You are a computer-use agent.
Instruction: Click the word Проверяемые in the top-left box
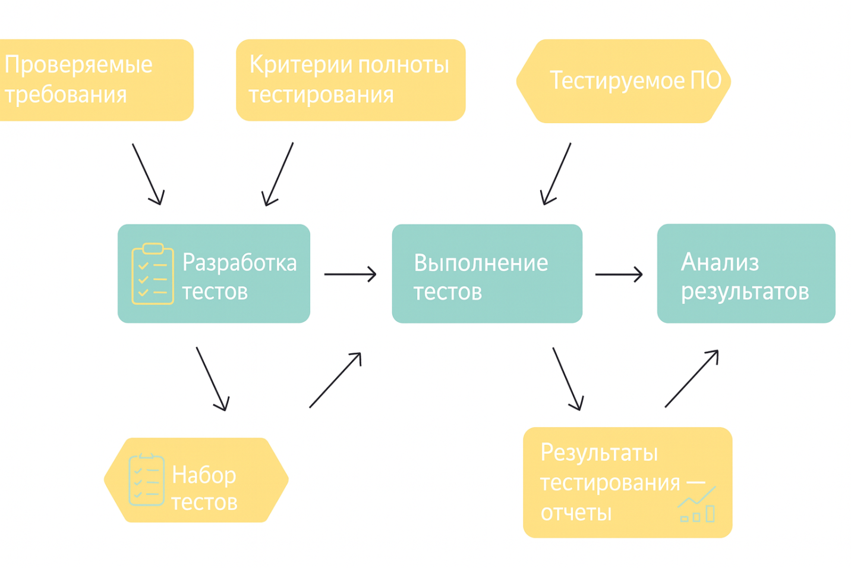pyautogui.click(x=78, y=65)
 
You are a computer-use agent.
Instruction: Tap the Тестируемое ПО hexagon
pyautogui.click(x=623, y=81)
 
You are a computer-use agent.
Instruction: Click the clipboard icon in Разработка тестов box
pyautogui.click(x=153, y=274)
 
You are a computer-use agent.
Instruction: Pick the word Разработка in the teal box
pyautogui.click(x=239, y=262)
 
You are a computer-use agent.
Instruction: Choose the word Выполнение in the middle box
pyautogui.click(x=481, y=263)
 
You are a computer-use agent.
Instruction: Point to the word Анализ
pyautogui.click(x=720, y=262)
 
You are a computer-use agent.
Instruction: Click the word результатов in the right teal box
pyautogui.click(x=745, y=291)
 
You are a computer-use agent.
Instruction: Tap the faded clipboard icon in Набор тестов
pyautogui.click(x=146, y=479)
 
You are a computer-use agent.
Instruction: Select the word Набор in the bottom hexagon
pyautogui.click(x=204, y=475)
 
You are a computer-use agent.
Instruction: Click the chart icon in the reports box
pyautogui.click(x=697, y=504)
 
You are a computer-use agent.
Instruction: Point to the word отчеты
pyautogui.click(x=576, y=513)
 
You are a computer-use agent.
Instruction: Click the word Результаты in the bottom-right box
pyautogui.click(x=599, y=453)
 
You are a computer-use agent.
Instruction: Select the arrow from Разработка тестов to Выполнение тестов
pyautogui.click(x=350, y=274)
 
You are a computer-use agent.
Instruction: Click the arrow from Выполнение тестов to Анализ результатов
pyautogui.click(x=619, y=274)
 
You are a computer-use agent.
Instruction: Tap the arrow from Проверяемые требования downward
pyautogui.click(x=147, y=174)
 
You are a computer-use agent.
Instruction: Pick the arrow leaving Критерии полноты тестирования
pyautogui.click(x=278, y=174)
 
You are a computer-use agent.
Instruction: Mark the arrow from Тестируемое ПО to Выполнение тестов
pyautogui.click(x=556, y=174)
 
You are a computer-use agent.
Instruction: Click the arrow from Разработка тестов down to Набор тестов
pyautogui.click(x=212, y=379)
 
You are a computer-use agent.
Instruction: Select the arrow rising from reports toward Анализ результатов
pyautogui.click(x=692, y=379)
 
